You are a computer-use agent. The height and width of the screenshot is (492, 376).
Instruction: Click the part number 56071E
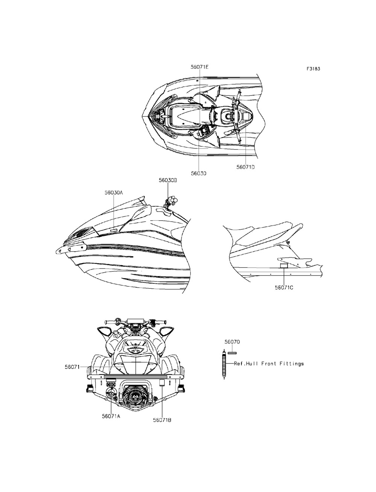[x=199, y=67]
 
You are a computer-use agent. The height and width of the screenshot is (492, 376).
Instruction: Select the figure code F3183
[x=313, y=69]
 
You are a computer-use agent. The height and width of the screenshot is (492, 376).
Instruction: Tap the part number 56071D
[x=246, y=167]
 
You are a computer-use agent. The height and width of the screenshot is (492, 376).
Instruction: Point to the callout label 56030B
[x=168, y=180]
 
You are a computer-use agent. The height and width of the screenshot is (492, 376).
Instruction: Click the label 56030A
[x=114, y=192]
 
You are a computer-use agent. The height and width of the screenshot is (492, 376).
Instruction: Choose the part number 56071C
[x=284, y=288]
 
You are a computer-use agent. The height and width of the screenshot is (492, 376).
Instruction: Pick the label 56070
[x=232, y=342]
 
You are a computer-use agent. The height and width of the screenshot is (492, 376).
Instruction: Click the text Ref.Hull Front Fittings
[x=269, y=363]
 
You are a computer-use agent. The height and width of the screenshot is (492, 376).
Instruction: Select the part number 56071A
[x=111, y=416]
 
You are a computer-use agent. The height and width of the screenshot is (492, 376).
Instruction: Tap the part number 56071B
[x=162, y=420]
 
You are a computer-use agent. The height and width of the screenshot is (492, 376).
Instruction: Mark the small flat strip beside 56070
[x=232, y=353]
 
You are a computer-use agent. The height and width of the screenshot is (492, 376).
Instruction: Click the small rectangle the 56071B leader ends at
[x=162, y=383]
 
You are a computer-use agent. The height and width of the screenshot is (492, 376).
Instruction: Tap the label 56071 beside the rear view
[x=71, y=367]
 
